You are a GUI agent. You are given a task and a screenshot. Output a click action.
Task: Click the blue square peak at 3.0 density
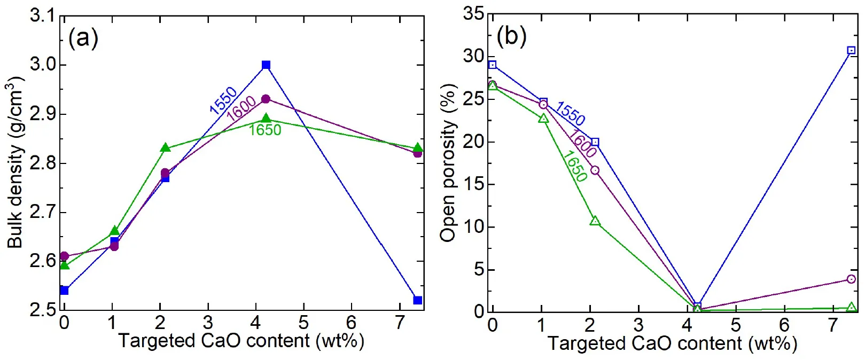point(266,65)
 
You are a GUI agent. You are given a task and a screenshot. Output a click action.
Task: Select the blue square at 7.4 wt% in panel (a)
point(418,300)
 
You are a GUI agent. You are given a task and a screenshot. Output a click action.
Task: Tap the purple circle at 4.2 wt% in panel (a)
point(266,99)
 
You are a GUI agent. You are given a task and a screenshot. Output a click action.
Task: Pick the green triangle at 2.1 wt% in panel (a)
point(165,148)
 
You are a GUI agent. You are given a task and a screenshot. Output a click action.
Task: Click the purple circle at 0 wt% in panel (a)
point(64,256)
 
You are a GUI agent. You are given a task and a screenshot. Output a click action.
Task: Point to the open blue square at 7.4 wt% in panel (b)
point(851,51)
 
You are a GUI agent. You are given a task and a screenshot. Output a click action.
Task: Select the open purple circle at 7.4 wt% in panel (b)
point(851,279)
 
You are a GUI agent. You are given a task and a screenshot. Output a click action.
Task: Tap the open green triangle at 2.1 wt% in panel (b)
point(595,221)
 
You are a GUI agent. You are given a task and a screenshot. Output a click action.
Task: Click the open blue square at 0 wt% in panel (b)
point(493,65)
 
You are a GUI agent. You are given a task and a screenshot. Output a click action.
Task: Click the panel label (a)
point(83,38)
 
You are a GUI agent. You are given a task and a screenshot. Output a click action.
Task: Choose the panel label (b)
point(511,36)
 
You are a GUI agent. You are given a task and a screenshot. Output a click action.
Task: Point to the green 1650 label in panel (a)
point(265,130)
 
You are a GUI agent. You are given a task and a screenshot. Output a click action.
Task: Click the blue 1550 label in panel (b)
point(570,113)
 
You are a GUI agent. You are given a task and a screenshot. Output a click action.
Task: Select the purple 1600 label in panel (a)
point(241,109)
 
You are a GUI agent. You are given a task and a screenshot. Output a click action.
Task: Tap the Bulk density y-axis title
point(15,163)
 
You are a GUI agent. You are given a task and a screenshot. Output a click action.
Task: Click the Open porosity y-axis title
point(449,163)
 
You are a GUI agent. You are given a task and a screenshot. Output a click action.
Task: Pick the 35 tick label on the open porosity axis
point(474,14)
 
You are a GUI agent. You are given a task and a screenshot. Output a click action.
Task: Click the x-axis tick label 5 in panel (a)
point(303,323)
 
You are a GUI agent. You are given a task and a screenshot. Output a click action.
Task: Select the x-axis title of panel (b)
point(672,343)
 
